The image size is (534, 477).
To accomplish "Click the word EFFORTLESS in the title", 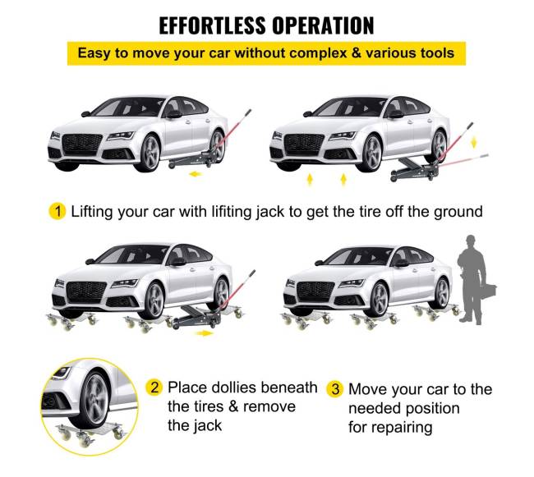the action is [x=212, y=25].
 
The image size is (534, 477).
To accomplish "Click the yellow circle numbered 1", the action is [x=58, y=211].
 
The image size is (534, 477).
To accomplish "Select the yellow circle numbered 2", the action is [x=154, y=388].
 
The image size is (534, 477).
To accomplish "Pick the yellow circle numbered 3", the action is [x=335, y=389].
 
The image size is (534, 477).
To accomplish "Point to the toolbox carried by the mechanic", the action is [x=488, y=290].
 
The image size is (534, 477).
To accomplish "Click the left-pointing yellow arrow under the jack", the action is [x=196, y=174].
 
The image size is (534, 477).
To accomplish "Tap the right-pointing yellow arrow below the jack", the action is [x=205, y=333].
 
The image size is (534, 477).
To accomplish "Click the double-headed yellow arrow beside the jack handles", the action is [x=473, y=142].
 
